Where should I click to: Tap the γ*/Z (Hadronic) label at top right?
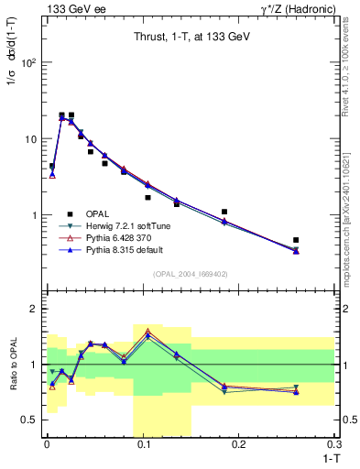pyautogui.click(x=297, y=8)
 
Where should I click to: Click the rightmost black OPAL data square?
pyautogui.click(x=296, y=240)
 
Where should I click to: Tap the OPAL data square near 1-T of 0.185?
pyautogui.click(x=224, y=212)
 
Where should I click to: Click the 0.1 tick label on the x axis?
pyautogui.click(x=143, y=445)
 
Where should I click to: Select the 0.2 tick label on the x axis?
pyautogui.click(x=240, y=445)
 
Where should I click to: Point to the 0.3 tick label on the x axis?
pyautogui.click(x=334, y=445)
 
